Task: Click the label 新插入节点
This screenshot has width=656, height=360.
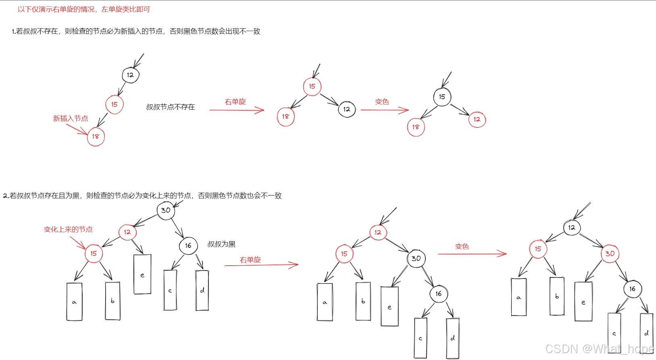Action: pos(71,119)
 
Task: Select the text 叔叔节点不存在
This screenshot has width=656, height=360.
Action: pos(170,107)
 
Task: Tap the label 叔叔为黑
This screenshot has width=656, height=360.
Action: pos(221,244)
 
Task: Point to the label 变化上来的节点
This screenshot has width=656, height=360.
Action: pos(68,229)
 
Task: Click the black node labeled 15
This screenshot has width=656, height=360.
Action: pos(442,97)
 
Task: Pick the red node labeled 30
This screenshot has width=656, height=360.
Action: pos(610,254)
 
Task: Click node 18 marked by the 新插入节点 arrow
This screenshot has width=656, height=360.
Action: pos(96,137)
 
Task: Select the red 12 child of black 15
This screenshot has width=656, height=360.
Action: pos(477,119)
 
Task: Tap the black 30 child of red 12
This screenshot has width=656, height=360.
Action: pos(416,258)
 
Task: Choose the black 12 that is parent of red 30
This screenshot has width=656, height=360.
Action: pos(571,228)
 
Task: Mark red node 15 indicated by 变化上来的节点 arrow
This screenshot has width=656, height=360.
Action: pos(94,254)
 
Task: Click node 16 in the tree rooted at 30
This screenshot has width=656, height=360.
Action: pos(188,246)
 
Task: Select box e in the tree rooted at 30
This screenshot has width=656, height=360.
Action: pos(142,274)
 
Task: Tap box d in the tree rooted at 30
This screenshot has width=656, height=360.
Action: pos(202,290)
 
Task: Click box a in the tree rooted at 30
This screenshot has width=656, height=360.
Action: pos(74,302)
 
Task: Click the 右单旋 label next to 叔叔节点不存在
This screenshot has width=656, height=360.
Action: pos(235,102)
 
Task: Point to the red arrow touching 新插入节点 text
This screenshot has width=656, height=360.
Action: pos(77,129)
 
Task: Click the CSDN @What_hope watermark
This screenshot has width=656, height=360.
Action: pos(599,349)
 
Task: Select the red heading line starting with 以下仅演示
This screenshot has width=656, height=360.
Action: pos(84,9)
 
